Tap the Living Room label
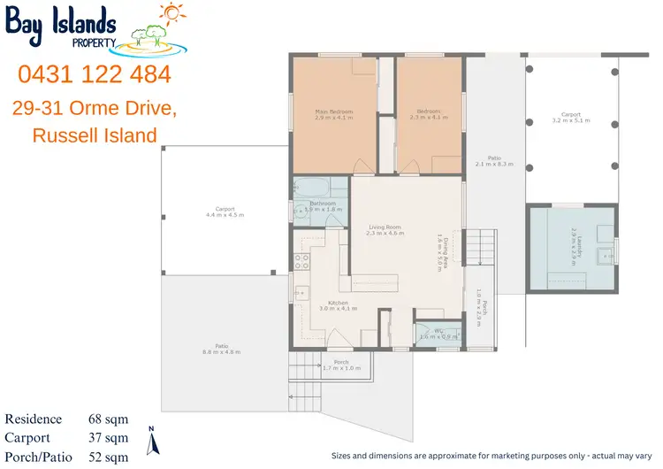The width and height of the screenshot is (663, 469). (385, 230)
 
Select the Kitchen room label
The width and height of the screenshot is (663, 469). (336, 305)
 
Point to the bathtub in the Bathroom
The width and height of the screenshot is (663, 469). (312, 188)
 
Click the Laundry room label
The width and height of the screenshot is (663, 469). (574, 244)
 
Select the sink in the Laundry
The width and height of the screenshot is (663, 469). (604, 258)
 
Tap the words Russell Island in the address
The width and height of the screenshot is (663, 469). (94, 135)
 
